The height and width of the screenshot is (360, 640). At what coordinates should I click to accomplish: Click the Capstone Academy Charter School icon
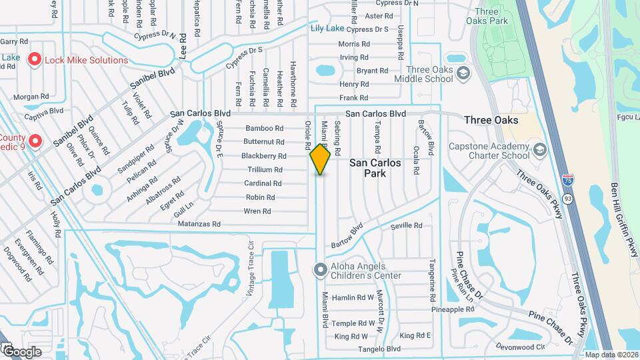539,151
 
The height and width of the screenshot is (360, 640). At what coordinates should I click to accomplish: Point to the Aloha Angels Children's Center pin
320,270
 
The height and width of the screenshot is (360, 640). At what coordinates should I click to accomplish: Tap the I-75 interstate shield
566,181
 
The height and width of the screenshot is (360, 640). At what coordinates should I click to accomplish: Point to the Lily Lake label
327,29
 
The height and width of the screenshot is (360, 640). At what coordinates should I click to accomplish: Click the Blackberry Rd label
264,156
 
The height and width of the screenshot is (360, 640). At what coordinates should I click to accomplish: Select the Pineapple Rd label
456,309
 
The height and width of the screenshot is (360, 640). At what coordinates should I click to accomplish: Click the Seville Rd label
407,226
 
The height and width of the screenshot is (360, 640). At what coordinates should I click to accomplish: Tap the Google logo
22,351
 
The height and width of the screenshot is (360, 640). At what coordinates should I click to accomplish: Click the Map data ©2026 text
611,355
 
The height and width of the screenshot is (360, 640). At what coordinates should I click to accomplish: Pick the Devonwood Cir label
521,347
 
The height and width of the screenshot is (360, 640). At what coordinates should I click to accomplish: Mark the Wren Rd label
257,211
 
